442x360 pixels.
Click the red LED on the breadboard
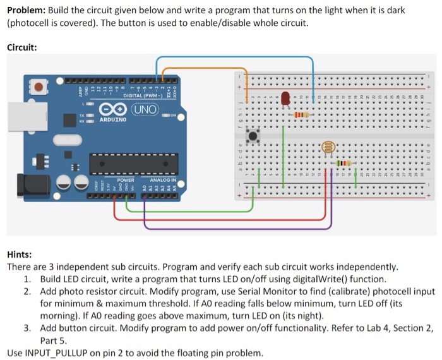click(x=285, y=98)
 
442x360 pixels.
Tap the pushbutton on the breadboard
click(x=254, y=136)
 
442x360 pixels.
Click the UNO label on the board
click(x=145, y=109)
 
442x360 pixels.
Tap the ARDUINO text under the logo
click(x=113, y=119)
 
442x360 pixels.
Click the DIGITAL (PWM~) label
click(x=141, y=95)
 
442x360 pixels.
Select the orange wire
click(x=208, y=67)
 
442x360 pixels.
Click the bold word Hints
click(x=19, y=255)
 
